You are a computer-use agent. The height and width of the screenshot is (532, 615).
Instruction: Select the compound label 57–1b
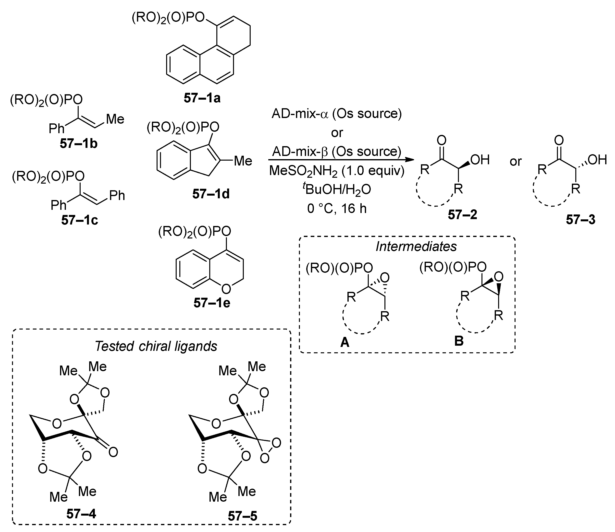79,144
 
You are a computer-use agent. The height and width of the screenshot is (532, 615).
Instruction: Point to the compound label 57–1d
211,194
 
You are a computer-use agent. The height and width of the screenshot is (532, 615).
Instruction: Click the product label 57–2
463,215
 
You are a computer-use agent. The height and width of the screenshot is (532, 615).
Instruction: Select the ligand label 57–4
81,514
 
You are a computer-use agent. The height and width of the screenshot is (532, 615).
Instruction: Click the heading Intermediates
416,246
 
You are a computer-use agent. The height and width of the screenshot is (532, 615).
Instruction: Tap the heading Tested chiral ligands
156,346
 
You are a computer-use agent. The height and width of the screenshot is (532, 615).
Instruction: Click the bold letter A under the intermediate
345,342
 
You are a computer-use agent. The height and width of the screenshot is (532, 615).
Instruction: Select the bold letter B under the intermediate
459,341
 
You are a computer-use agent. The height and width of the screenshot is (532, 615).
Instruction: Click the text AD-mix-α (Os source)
337,114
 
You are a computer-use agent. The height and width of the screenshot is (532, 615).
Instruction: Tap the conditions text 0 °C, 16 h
337,208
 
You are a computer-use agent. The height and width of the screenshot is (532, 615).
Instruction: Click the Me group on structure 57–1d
243,161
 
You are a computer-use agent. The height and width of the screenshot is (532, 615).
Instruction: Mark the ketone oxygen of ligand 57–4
113,452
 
